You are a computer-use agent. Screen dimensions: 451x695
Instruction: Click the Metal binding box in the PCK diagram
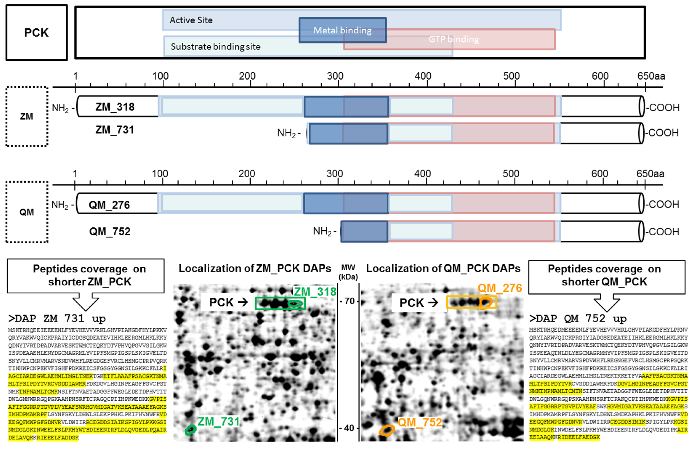click(x=342, y=30)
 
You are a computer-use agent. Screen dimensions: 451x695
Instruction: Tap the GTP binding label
click(x=453, y=39)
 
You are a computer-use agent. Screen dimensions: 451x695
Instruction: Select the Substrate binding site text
click(x=215, y=46)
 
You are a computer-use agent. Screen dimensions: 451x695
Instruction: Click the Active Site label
click(x=191, y=20)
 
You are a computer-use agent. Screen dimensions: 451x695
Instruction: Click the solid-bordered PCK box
click(x=36, y=32)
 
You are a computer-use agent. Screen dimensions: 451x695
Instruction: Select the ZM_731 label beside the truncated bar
click(x=114, y=129)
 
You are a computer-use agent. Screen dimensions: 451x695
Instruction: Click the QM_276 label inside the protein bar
click(x=109, y=205)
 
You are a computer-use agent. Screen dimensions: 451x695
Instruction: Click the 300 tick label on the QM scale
click(x=334, y=174)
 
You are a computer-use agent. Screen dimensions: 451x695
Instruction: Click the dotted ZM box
click(x=27, y=116)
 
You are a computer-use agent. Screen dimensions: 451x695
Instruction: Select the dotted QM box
click(x=27, y=212)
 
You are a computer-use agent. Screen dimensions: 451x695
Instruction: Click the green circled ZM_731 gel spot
click(x=190, y=430)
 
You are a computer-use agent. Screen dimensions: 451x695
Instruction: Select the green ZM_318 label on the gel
click(x=315, y=292)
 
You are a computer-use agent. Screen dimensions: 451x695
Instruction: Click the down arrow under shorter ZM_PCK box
click(x=86, y=302)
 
